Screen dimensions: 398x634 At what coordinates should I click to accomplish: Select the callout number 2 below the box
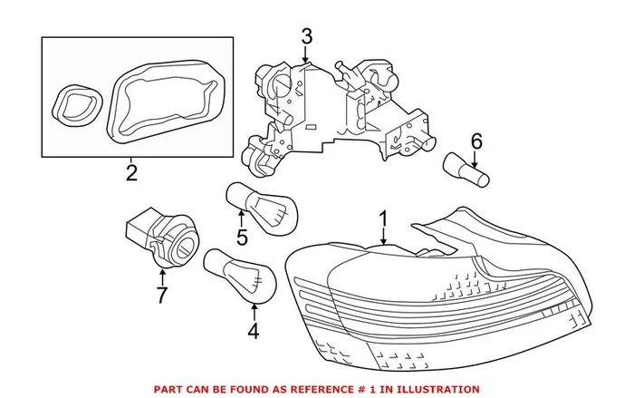[x=131, y=172]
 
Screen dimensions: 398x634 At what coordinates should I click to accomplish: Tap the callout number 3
[x=306, y=37]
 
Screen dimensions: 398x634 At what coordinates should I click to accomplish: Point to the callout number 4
[x=254, y=331]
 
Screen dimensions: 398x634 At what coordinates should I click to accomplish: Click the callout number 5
[x=242, y=238]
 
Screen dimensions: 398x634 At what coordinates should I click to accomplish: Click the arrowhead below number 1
[x=384, y=242]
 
